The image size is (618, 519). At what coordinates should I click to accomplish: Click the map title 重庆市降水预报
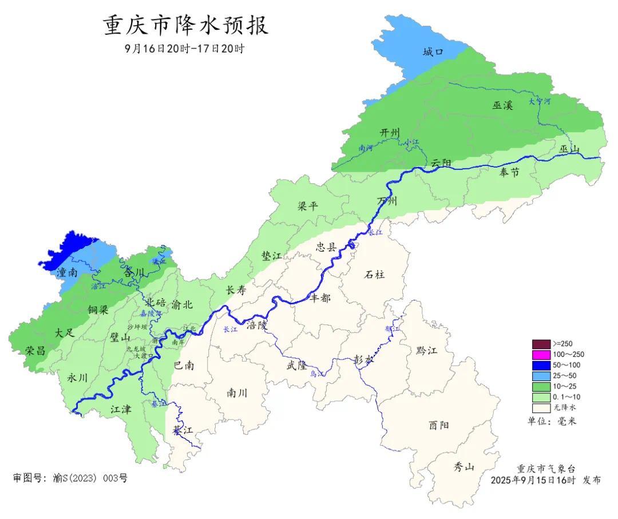(x=185, y=26)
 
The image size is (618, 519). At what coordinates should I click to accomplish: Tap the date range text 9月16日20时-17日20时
(x=184, y=49)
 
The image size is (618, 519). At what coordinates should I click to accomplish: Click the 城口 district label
(x=433, y=52)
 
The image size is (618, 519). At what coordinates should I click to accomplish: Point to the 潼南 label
(x=67, y=273)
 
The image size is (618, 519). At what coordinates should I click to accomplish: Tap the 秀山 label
(x=464, y=467)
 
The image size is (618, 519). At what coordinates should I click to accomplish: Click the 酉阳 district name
(x=439, y=425)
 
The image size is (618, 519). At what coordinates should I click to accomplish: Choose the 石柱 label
(x=375, y=274)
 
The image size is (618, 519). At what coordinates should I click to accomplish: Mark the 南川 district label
(x=237, y=393)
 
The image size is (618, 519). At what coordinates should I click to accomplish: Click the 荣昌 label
(x=35, y=350)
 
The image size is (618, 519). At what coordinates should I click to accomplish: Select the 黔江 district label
(x=426, y=350)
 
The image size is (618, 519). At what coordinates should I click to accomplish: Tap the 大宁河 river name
(x=539, y=101)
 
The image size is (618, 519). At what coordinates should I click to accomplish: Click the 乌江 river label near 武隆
(x=316, y=374)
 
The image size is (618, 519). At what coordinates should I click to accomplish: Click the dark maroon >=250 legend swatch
(x=541, y=344)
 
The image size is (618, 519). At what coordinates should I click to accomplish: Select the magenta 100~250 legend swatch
(x=541, y=355)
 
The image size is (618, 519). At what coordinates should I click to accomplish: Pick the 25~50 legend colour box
(x=541, y=376)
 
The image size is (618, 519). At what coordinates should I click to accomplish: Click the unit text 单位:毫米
(x=552, y=421)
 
